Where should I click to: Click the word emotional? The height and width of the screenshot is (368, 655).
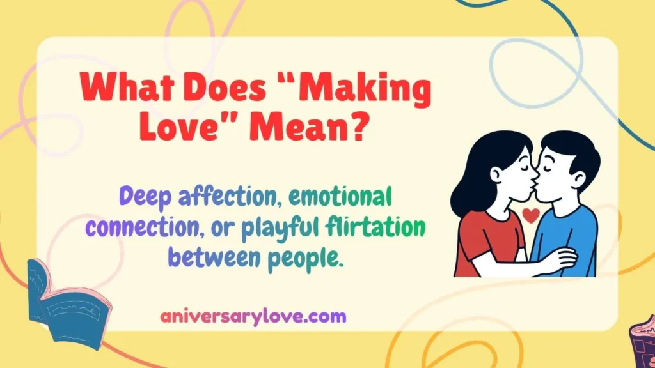click(339, 197)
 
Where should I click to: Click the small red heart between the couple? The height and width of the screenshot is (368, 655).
click(530, 215)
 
